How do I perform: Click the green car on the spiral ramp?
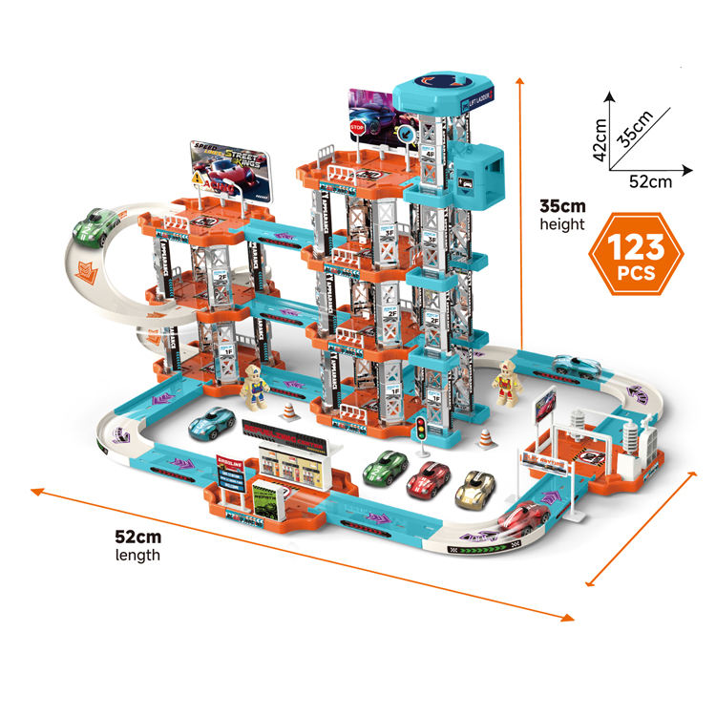click(x=95, y=227)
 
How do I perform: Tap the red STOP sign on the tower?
click(x=358, y=127)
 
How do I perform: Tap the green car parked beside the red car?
click(x=385, y=466)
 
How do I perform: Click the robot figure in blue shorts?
click(x=254, y=386)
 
